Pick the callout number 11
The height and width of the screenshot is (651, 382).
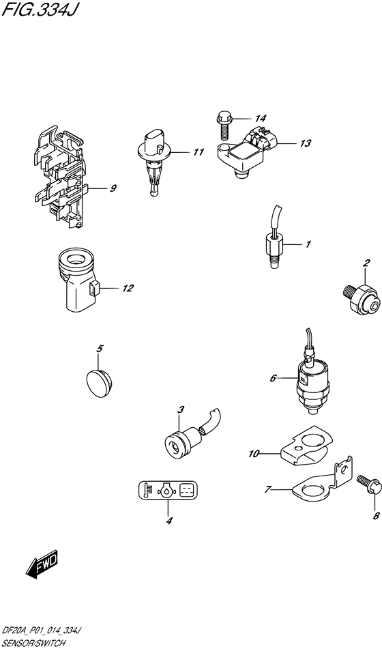click(x=198, y=152)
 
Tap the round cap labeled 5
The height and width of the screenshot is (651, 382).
click(x=101, y=379)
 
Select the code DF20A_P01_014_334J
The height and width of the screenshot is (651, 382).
click(x=46, y=634)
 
